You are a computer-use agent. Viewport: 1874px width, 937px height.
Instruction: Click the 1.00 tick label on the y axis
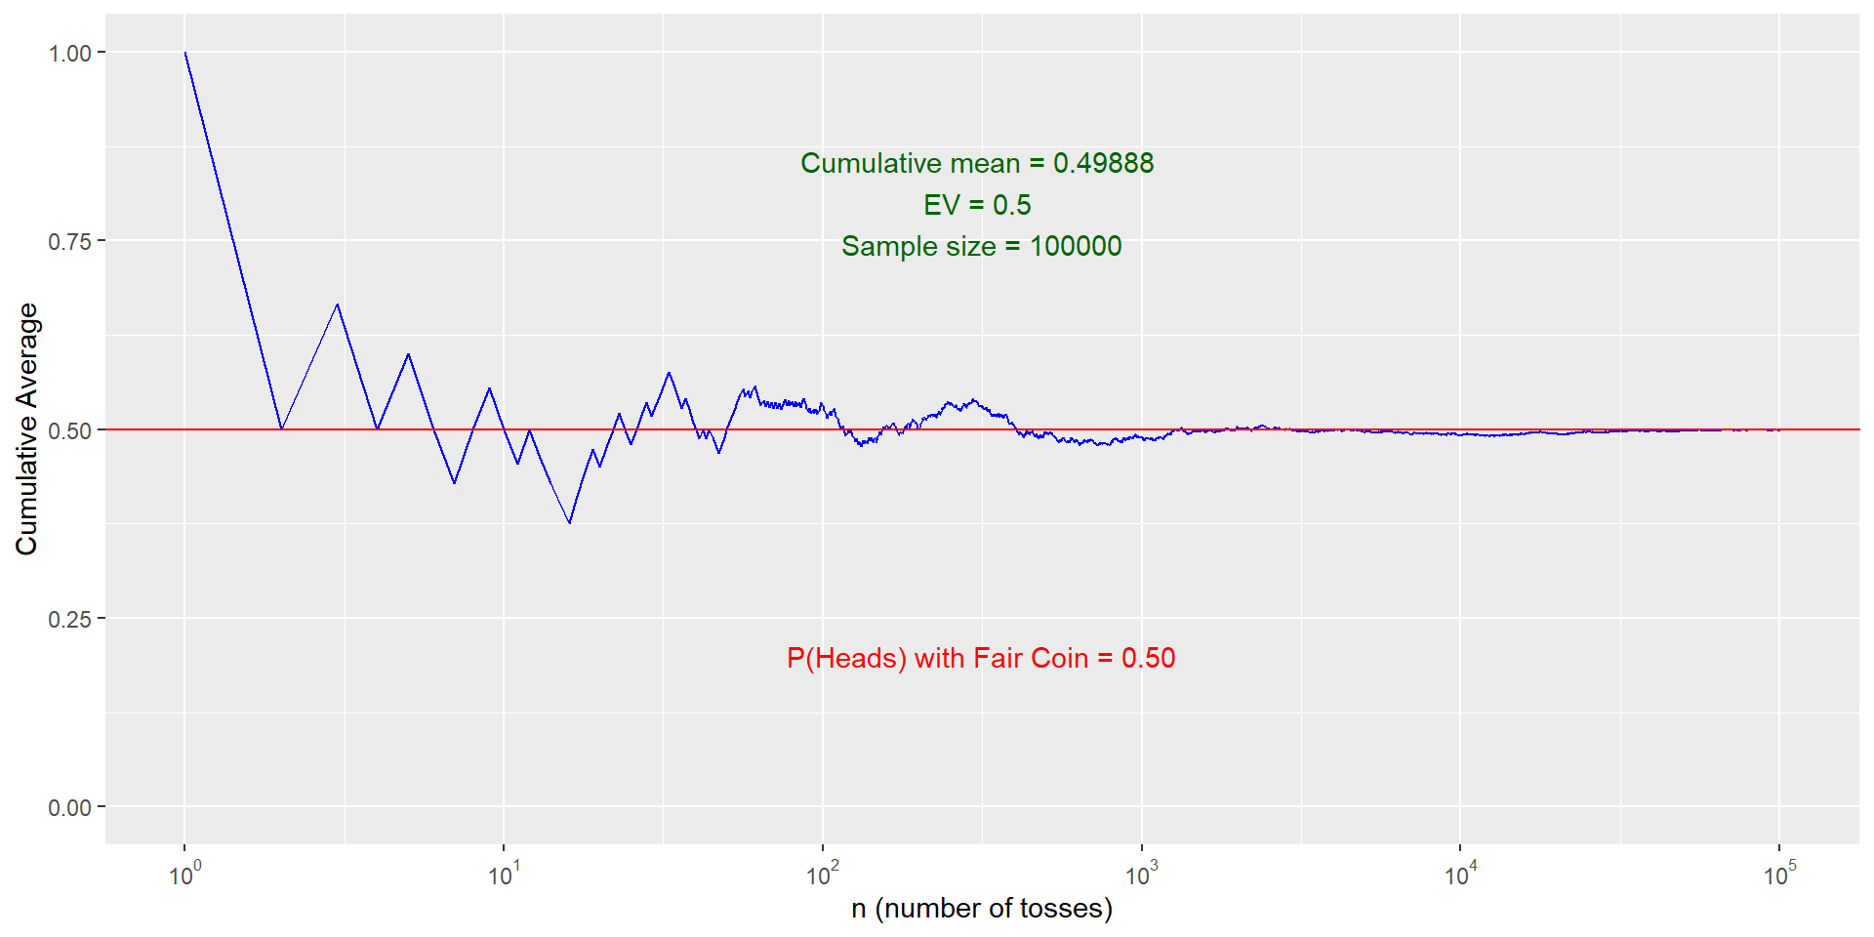pyautogui.click(x=69, y=54)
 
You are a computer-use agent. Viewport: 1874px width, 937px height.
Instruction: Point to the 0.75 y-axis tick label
pyautogui.click(x=69, y=242)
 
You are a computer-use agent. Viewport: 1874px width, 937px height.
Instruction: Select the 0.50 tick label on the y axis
pyautogui.click(x=69, y=430)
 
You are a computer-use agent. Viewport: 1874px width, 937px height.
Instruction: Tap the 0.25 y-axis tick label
pyautogui.click(x=69, y=620)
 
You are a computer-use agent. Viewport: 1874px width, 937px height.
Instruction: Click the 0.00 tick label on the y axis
pyautogui.click(x=69, y=808)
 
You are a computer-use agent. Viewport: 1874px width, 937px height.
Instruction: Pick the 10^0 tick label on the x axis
pyautogui.click(x=184, y=875)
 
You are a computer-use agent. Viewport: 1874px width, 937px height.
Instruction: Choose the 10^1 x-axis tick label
pyautogui.click(x=504, y=875)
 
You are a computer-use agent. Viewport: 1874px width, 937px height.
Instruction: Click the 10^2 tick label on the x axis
pyautogui.click(x=823, y=875)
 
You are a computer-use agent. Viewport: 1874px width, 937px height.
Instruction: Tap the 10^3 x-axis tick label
pyautogui.click(x=1141, y=875)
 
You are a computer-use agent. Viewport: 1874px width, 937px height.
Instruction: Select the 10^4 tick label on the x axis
pyautogui.click(x=1460, y=875)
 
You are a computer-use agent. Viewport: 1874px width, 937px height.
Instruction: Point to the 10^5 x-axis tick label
pyautogui.click(x=1779, y=875)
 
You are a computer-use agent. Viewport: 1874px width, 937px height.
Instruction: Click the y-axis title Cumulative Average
pyautogui.click(x=26, y=429)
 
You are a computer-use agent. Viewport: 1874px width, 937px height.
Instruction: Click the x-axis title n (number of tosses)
pyautogui.click(x=982, y=909)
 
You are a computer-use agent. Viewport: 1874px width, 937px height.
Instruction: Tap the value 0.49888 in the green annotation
pyautogui.click(x=1103, y=163)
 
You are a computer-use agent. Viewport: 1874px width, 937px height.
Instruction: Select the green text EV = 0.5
pyautogui.click(x=977, y=205)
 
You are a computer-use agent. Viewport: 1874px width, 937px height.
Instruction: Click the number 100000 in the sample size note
pyautogui.click(x=1076, y=246)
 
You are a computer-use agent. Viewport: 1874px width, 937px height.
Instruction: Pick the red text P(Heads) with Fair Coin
pyautogui.click(x=937, y=658)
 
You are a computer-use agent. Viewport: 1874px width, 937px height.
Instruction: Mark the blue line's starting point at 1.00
pyautogui.click(x=185, y=53)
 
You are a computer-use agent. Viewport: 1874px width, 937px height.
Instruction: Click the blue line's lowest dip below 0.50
pyautogui.click(x=570, y=523)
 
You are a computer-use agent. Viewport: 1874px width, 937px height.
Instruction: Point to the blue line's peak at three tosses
pyautogui.click(x=338, y=305)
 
